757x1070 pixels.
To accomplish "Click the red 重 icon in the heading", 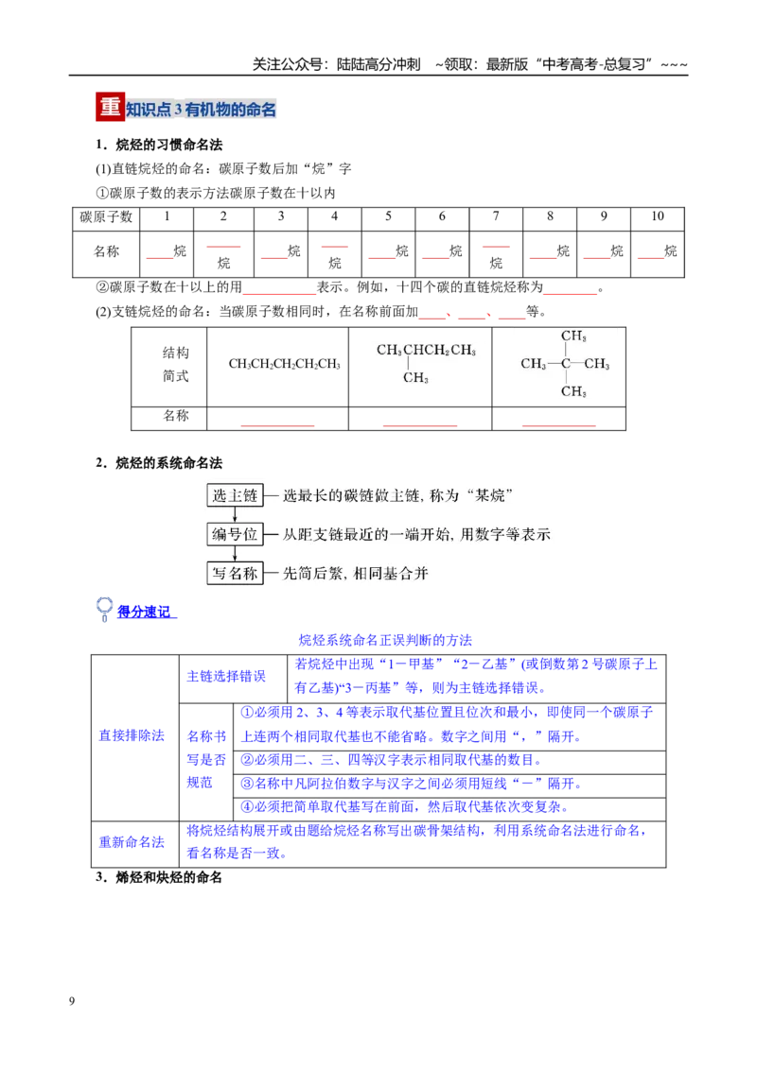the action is click(110, 107).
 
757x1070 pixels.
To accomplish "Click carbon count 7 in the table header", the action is click(496, 216).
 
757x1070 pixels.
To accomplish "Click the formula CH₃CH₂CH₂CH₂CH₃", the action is click(284, 365).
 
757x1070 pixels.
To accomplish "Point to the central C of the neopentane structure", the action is click(566, 364).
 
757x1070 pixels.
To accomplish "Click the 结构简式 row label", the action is click(176, 365).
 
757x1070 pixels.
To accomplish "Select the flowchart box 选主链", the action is click(235, 495).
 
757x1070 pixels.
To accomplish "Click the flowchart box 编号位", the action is click(235, 534).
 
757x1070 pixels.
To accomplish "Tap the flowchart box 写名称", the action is click(235, 573).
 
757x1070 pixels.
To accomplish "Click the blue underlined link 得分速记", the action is click(144, 613).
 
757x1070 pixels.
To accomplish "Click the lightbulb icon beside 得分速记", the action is click(104, 609).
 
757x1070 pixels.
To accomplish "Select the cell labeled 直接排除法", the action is click(132, 735).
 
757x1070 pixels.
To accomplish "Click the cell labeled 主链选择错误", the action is click(226, 676).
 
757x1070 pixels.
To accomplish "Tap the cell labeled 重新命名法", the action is click(132, 842).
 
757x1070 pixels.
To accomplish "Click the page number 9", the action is click(72, 1001).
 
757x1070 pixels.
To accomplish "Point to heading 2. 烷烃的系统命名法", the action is click(159, 463).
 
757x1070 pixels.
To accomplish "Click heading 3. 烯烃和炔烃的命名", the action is click(159, 877).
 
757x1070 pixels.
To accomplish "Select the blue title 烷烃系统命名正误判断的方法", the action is click(385, 640).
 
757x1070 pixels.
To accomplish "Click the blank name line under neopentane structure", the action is click(559, 425).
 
